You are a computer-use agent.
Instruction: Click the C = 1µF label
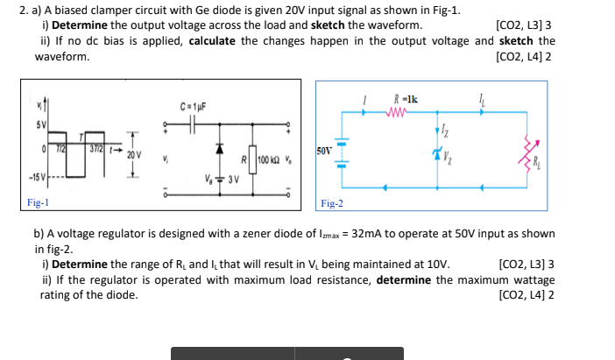tap(193, 107)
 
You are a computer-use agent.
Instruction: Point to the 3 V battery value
tap(232, 180)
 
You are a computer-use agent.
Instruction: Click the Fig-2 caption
tap(332, 203)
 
